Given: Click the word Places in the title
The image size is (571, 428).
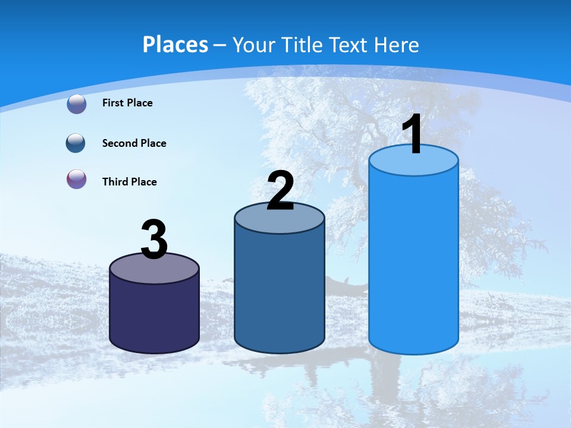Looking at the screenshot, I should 175,45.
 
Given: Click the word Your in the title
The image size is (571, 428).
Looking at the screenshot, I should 253,45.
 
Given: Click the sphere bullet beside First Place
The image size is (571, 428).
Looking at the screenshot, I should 77,103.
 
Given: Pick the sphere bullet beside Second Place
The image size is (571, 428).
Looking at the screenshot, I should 76,143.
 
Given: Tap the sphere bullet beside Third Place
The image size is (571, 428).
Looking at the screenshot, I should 77,179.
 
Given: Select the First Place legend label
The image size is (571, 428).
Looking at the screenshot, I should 127,103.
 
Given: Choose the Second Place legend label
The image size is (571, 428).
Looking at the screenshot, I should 134,143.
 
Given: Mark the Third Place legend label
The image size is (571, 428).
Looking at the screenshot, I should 129,182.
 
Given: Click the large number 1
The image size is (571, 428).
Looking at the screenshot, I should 412,135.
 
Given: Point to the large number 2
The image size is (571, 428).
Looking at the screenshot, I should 280,191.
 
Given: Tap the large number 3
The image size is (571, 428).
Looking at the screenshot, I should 155,240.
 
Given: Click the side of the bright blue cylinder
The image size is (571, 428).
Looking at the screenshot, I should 413,262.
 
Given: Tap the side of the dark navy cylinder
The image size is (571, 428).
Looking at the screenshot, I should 155,315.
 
